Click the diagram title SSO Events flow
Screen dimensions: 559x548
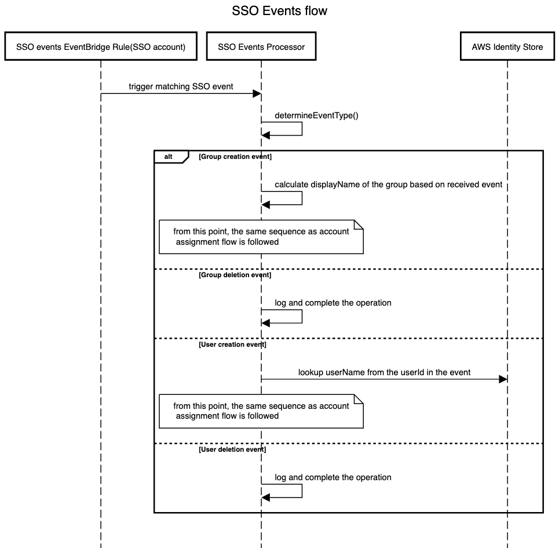point(279,10)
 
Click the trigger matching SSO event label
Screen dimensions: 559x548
point(181,86)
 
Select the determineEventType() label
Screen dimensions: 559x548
point(317,115)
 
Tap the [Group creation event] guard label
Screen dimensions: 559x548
point(235,157)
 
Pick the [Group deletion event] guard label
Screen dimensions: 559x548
point(235,275)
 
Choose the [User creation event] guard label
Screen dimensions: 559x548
point(232,344)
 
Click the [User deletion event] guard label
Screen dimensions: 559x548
point(232,449)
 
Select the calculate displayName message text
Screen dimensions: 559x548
point(388,184)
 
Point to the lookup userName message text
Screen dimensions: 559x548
point(384,372)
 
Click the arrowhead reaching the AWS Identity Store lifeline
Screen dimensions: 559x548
point(503,379)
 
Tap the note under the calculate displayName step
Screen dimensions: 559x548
point(261,237)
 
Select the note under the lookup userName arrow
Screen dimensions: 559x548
point(261,411)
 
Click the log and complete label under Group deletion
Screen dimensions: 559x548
point(333,303)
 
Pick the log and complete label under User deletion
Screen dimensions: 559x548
point(333,477)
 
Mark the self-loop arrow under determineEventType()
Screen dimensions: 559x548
point(302,129)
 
